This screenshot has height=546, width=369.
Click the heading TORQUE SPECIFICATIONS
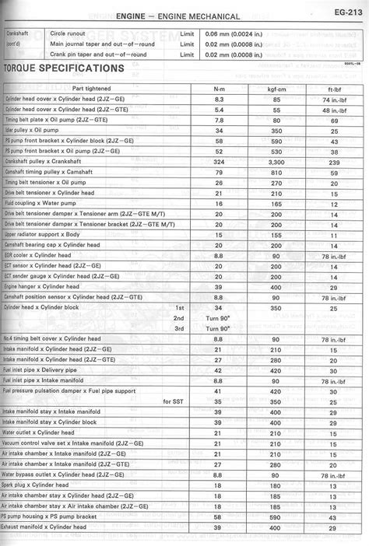click(x=63, y=68)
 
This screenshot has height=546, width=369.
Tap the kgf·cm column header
click(x=276, y=88)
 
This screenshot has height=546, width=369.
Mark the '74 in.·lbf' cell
click(x=334, y=100)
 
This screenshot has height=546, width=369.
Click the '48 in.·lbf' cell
click(x=334, y=110)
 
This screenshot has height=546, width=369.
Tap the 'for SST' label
click(x=173, y=401)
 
